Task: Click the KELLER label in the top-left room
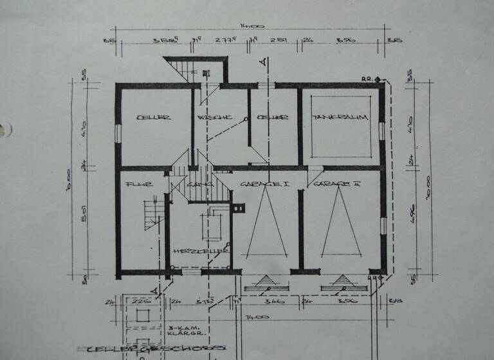pyautogui.click(x=153, y=118)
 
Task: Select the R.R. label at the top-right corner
pyautogui.click(x=367, y=78)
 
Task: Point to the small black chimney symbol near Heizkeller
pyautogui.click(x=239, y=207)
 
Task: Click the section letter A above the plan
pyautogui.click(x=262, y=62)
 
